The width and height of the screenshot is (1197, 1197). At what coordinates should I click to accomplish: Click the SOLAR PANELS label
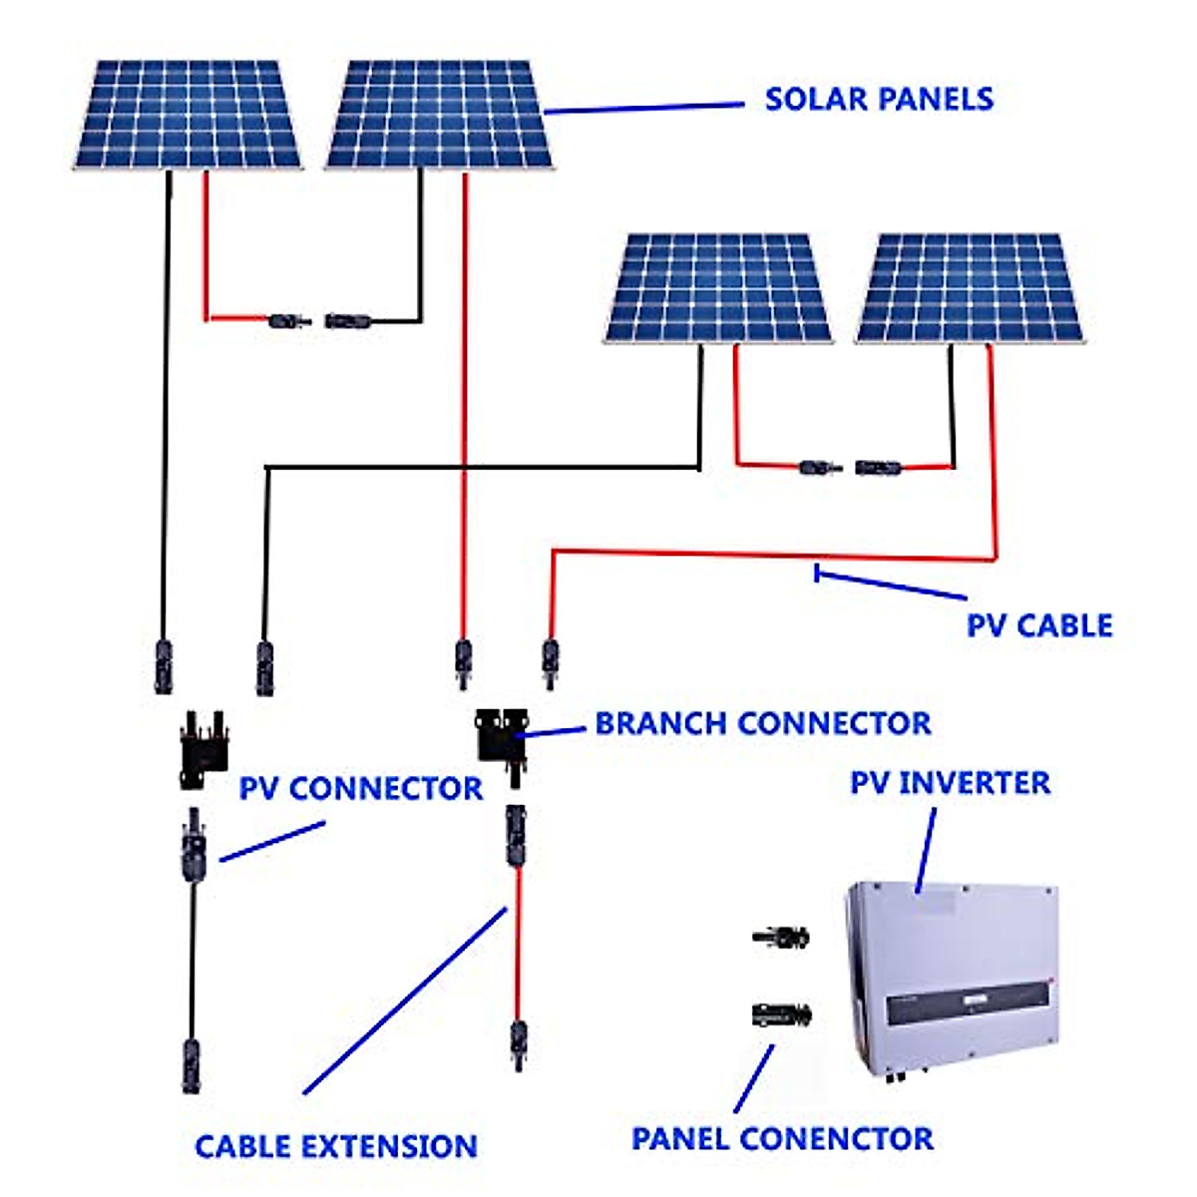click(879, 100)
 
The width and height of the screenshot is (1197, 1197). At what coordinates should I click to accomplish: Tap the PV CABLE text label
click(1039, 624)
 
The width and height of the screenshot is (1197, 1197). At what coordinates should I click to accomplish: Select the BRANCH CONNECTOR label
click(763, 723)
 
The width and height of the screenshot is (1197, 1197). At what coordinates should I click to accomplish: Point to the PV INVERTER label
click(950, 782)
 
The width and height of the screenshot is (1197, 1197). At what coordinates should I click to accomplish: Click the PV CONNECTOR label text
click(361, 788)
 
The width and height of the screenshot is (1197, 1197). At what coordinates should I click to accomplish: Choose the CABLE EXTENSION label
click(336, 1146)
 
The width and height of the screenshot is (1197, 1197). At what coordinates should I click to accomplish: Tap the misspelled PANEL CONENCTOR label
click(782, 1138)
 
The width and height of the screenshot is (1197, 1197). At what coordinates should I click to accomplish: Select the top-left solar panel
click(187, 115)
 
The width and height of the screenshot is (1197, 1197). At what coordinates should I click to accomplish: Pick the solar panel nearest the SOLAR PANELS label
click(439, 115)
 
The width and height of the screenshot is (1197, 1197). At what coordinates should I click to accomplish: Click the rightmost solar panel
click(969, 288)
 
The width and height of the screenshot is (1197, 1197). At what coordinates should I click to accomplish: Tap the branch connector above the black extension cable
click(204, 750)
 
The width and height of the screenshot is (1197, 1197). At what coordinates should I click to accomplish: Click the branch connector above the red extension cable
click(502, 747)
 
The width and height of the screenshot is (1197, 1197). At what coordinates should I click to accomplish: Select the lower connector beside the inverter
click(781, 1013)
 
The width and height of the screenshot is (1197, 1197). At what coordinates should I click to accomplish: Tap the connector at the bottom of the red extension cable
click(518, 1045)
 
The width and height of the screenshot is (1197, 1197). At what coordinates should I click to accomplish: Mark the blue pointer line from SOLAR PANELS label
click(644, 108)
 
